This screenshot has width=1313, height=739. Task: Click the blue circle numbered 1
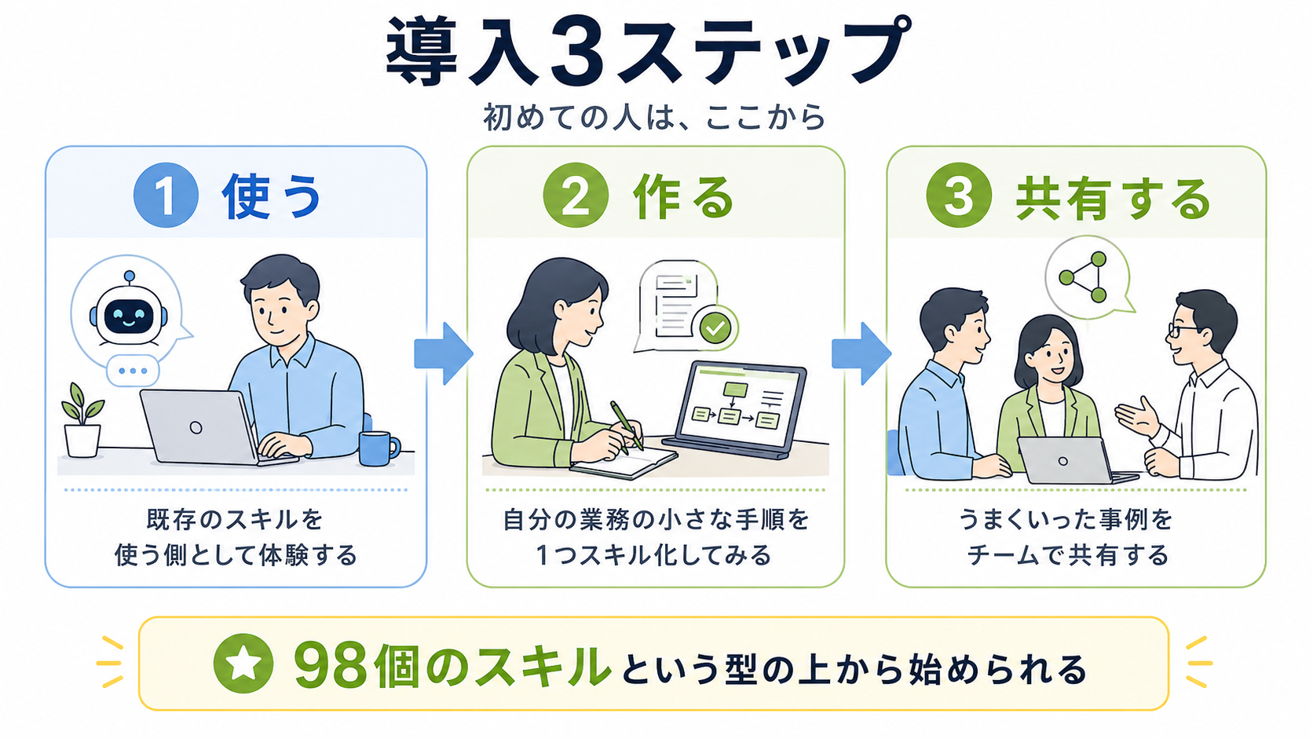pos(166,195)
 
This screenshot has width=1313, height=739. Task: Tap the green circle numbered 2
pos(576,195)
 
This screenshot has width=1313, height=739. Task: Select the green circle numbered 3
pos(959,195)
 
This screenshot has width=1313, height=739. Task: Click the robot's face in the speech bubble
pos(129,317)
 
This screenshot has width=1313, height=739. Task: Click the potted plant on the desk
pos(82,420)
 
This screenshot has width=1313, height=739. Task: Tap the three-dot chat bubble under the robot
pos(133,371)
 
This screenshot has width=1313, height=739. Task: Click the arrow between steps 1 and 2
pos(444,353)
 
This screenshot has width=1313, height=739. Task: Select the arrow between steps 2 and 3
pos(861,353)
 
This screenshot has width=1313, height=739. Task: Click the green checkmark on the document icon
pos(715,328)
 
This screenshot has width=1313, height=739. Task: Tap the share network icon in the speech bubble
pos(1083,277)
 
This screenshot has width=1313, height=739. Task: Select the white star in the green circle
pos(243,664)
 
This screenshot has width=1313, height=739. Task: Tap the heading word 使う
pos(272,196)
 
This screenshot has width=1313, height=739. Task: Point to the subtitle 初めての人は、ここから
pos(655,117)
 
